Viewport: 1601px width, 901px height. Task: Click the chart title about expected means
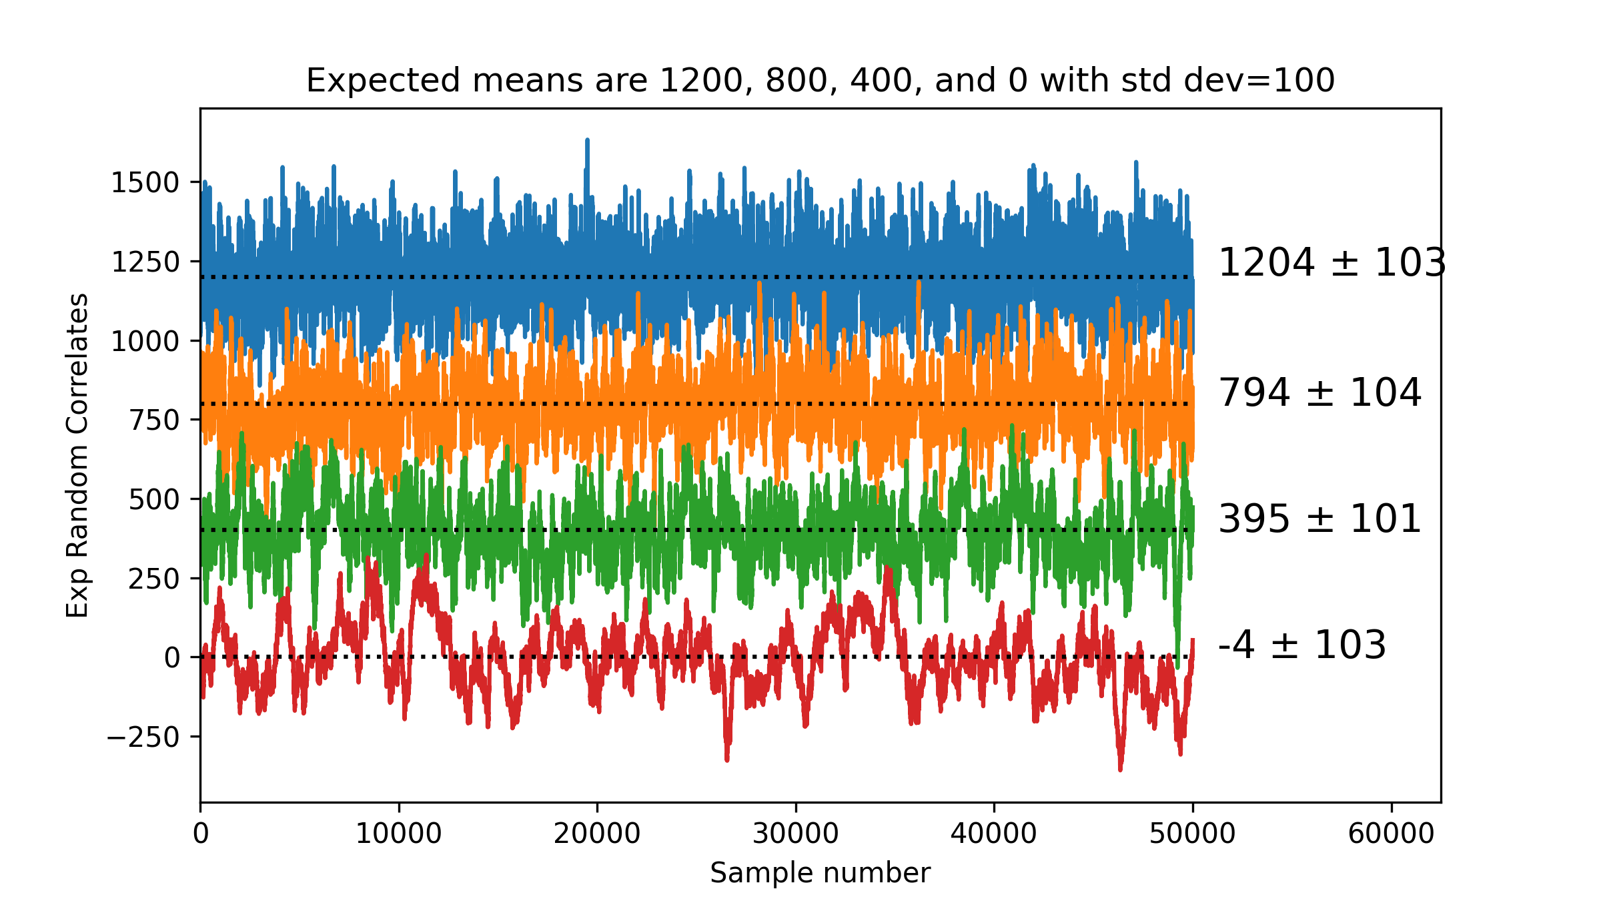coord(820,81)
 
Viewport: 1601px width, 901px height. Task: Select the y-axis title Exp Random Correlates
coord(77,455)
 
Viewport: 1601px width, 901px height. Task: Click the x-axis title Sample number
coord(820,873)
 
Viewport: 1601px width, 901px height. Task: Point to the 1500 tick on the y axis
coord(145,183)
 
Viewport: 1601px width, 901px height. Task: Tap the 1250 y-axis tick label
coord(145,262)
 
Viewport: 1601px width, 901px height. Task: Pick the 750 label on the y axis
coord(155,420)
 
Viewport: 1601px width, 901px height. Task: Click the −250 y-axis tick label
coord(143,737)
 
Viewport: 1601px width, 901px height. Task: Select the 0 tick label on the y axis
coord(172,658)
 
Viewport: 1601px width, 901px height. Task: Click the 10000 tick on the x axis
coord(398,834)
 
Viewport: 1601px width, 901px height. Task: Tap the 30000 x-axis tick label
coord(795,834)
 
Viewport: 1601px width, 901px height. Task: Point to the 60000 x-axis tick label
coord(1391,834)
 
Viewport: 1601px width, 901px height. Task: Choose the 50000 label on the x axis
coord(1192,834)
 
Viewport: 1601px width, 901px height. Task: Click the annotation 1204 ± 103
coord(1331,262)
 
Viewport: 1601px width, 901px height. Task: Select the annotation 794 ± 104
coord(1319,392)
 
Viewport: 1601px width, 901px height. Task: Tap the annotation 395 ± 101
coord(1319,519)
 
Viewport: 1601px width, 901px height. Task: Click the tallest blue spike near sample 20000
coord(587,141)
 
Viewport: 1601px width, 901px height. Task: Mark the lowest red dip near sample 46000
coord(1120,768)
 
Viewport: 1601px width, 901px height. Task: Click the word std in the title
coord(1150,81)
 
